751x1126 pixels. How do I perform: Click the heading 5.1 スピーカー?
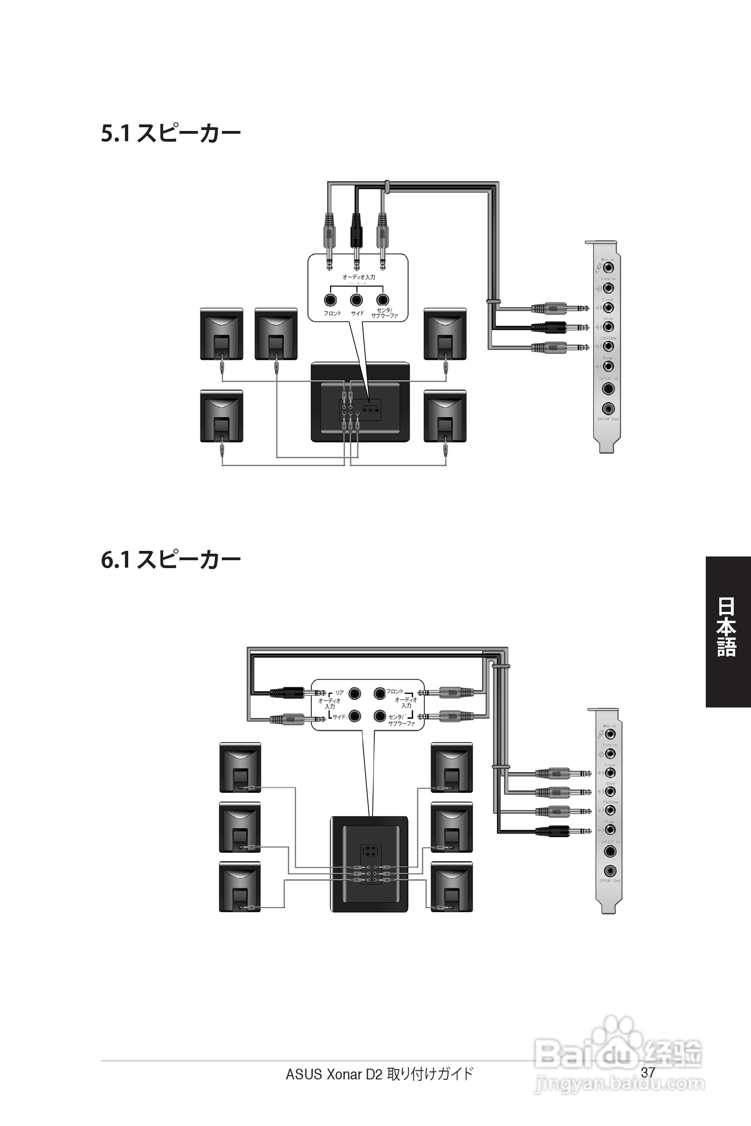171,134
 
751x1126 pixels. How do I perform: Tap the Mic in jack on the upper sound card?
608,268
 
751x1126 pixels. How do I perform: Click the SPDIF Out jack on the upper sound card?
608,408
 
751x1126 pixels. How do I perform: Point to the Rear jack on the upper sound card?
608,366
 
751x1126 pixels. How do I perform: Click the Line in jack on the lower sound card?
610,754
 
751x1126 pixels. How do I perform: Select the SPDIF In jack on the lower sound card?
610,851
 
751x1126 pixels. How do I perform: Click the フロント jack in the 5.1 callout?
330,300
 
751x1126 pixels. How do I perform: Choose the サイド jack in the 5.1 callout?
356,300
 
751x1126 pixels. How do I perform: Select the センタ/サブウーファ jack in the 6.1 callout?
380,716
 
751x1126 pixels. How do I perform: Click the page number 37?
648,1072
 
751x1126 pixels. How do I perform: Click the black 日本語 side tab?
727,632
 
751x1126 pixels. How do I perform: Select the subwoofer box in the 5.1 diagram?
360,402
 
